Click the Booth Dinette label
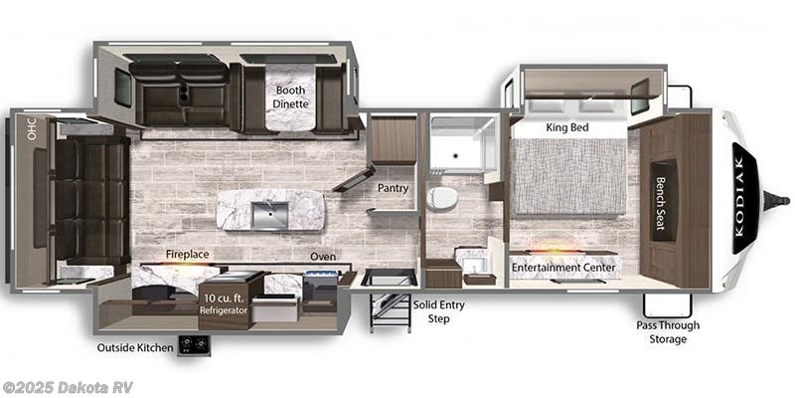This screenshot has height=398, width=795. pyautogui.click(x=291, y=96)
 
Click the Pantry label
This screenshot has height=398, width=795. pyautogui.click(x=393, y=187)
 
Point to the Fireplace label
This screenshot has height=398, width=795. pyautogui.click(x=187, y=255)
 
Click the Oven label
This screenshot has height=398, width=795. pyautogui.click(x=324, y=256)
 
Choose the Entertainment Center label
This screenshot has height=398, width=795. pyautogui.click(x=563, y=267)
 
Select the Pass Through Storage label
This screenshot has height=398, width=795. pyautogui.click(x=668, y=331)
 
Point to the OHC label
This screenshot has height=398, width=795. pyautogui.click(x=31, y=128)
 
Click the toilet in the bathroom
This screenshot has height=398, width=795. pyautogui.click(x=442, y=197)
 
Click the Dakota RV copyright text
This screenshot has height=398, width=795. pyautogui.click(x=68, y=387)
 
